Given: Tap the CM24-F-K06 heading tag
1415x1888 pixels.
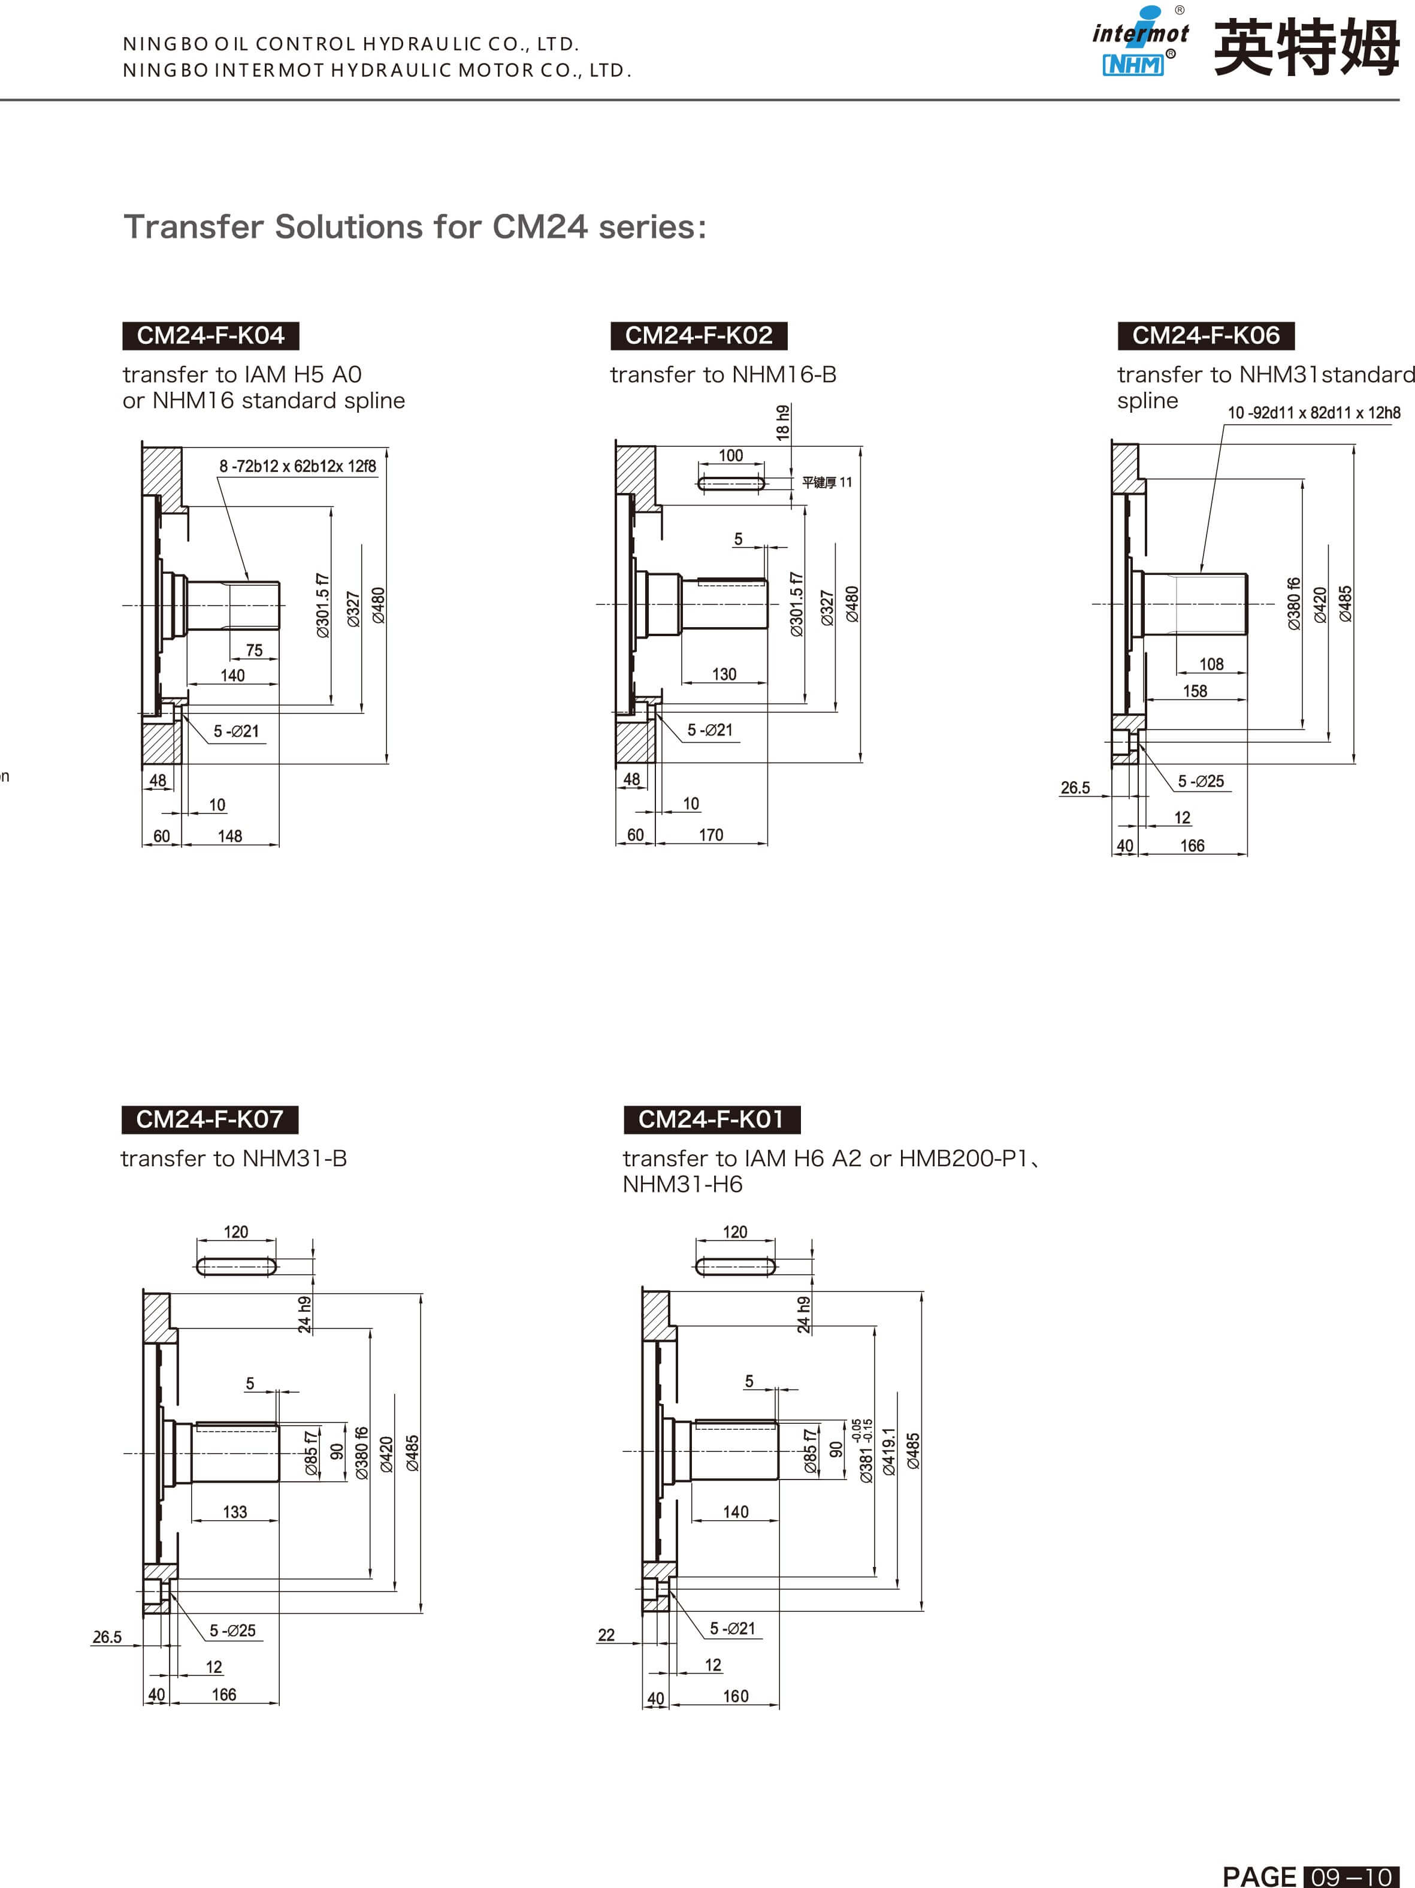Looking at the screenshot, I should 1205,335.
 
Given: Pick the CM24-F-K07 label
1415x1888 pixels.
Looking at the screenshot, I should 209,1119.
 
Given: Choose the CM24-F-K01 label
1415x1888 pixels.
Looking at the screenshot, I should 711,1119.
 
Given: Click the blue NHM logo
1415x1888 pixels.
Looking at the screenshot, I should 1132,65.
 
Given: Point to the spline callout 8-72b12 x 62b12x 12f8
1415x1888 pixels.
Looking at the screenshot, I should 297,466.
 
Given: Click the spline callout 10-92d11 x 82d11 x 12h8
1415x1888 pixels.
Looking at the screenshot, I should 1313,413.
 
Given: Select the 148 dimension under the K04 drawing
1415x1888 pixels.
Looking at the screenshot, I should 229,836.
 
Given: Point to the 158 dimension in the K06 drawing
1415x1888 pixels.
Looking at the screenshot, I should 1194,691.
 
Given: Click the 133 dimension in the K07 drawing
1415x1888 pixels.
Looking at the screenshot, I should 235,1512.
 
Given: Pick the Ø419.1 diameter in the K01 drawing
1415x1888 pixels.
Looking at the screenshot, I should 888,1451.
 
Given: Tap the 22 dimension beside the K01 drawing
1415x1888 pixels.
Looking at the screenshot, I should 606,1635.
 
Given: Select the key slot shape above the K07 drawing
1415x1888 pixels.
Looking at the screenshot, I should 237,1266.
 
